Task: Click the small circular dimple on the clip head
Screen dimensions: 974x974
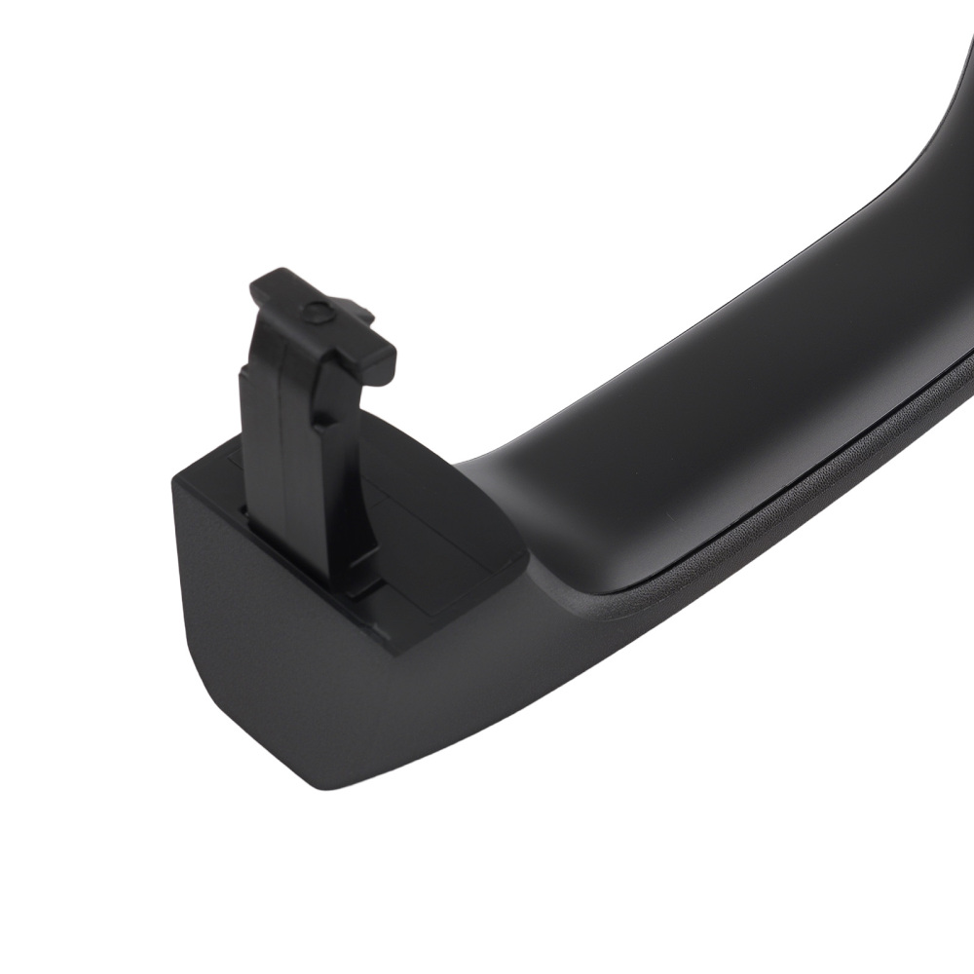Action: pos(315,313)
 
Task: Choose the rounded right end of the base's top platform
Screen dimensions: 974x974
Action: pos(516,560)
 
